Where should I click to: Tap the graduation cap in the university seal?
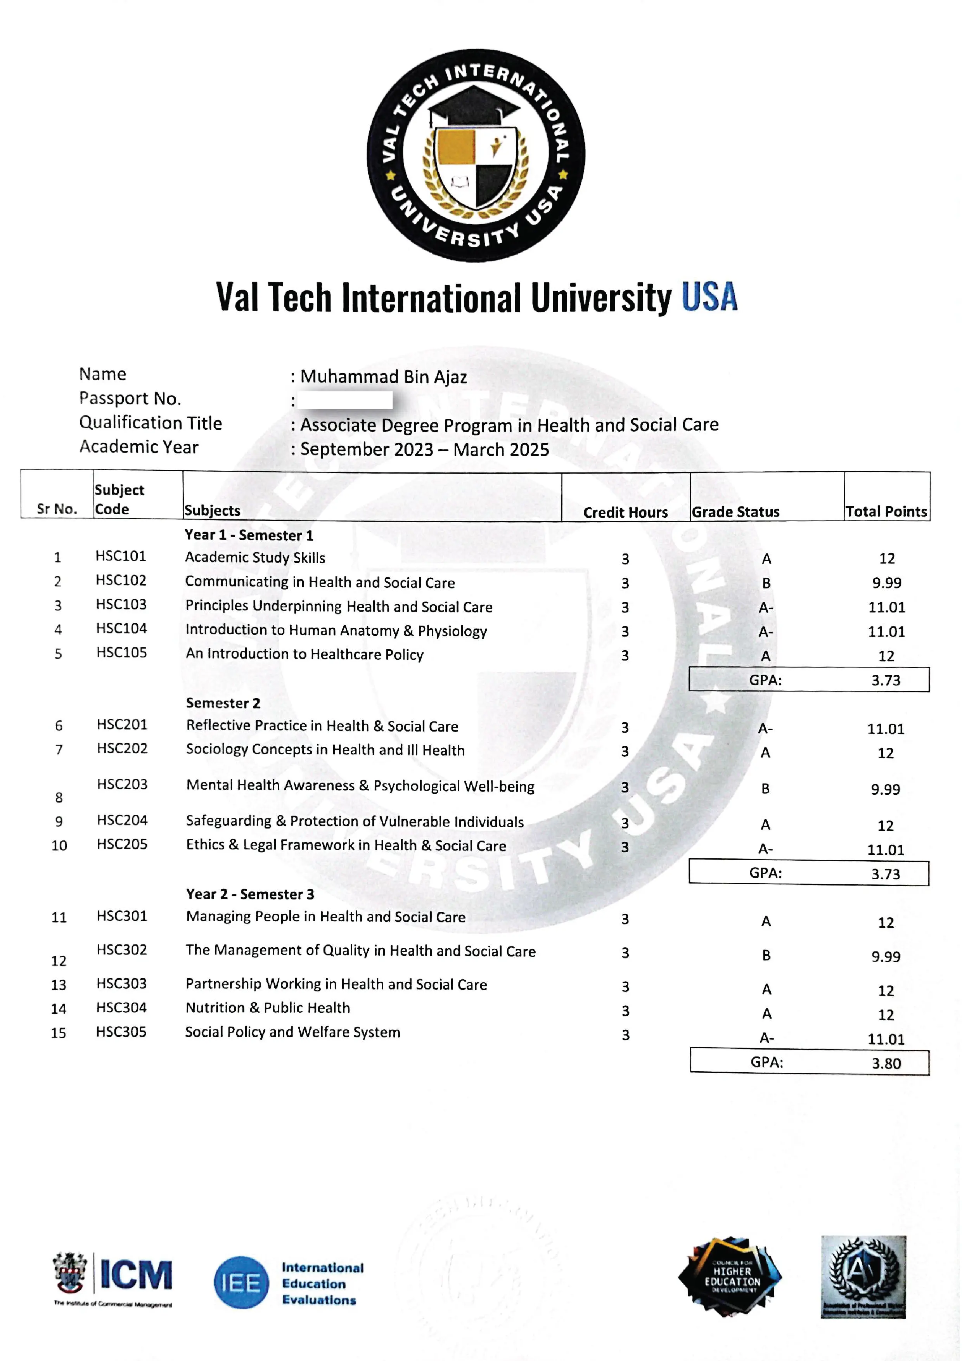(474, 107)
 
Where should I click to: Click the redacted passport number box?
(345, 400)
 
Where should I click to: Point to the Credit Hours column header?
(625, 512)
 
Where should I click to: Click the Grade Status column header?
(735, 512)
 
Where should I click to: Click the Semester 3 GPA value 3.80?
(886, 1064)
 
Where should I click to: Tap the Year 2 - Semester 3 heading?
(250, 894)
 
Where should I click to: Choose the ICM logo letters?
(136, 1275)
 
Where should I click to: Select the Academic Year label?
(139, 447)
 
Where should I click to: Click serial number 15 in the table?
(59, 1033)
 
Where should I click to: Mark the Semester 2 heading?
(223, 703)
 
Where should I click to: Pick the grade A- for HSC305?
(767, 1038)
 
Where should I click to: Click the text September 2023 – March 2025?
(424, 449)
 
